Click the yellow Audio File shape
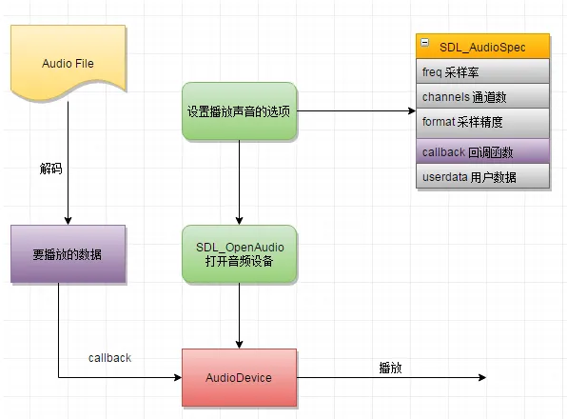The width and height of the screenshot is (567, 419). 68,62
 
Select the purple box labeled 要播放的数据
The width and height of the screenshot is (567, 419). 68,254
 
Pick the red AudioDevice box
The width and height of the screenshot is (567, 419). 239,378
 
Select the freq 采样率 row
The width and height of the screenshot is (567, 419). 483,71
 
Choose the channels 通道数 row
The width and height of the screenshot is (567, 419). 483,96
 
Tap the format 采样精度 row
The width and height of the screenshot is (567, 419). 483,122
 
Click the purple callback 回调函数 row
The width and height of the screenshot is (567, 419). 483,151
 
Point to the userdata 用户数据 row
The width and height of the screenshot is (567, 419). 483,177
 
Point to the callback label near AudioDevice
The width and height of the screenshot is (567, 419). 109,358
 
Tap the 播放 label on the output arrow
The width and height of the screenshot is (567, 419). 389,367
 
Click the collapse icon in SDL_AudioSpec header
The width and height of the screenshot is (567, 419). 425,46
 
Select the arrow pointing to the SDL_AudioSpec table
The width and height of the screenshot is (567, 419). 357,111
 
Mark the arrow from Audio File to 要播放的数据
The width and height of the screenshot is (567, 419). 68,162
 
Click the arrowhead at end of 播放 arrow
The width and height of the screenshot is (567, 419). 482,378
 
